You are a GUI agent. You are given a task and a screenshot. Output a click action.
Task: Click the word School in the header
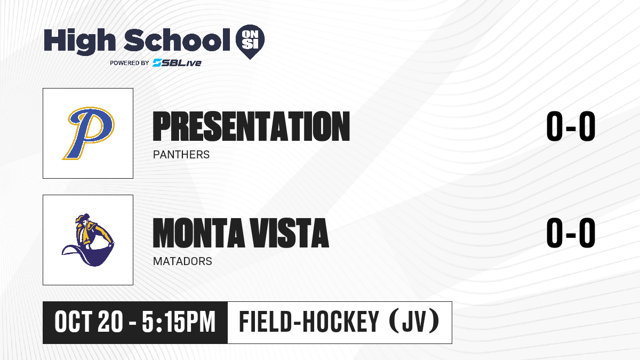(x=177, y=39)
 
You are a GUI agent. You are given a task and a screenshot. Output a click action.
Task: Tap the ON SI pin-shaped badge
(x=250, y=42)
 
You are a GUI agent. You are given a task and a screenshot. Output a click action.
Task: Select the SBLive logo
(x=177, y=62)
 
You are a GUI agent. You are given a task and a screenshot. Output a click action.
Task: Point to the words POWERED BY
(x=130, y=63)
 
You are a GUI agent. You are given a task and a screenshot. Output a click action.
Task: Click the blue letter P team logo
(x=88, y=133)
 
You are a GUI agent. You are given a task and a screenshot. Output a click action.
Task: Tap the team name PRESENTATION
(x=251, y=126)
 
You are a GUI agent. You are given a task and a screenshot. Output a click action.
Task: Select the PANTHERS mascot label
(x=181, y=155)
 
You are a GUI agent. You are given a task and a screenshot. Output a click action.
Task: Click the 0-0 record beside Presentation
(x=571, y=126)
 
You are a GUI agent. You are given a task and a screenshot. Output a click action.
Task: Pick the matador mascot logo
(x=88, y=239)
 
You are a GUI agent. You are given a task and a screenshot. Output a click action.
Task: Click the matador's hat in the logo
(x=83, y=218)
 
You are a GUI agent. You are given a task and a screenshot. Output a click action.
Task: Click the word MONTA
(x=198, y=233)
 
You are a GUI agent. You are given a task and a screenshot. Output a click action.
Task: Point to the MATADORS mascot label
(x=182, y=261)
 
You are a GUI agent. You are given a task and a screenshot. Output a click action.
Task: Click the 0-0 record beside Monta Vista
(x=571, y=233)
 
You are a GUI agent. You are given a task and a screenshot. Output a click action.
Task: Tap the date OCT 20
(x=89, y=322)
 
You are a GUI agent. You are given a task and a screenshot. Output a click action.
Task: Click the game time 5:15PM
(x=179, y=322)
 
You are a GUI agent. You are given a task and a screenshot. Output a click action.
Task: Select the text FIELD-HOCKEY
(x=309, y=322)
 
